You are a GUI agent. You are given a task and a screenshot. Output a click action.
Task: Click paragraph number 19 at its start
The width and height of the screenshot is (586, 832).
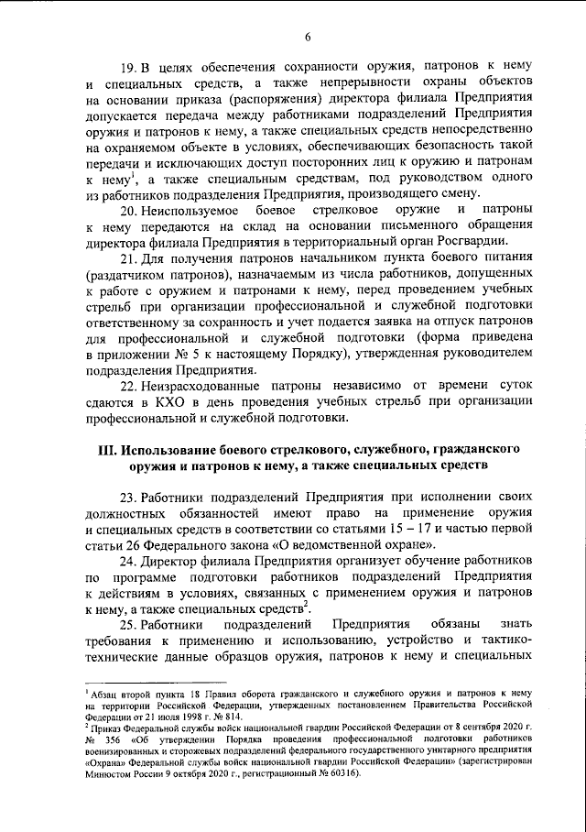pyautogui.click(x=130, y=68)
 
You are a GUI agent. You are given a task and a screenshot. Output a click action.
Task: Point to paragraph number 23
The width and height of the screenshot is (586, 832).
pyautogui.click(x=130, y=498)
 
